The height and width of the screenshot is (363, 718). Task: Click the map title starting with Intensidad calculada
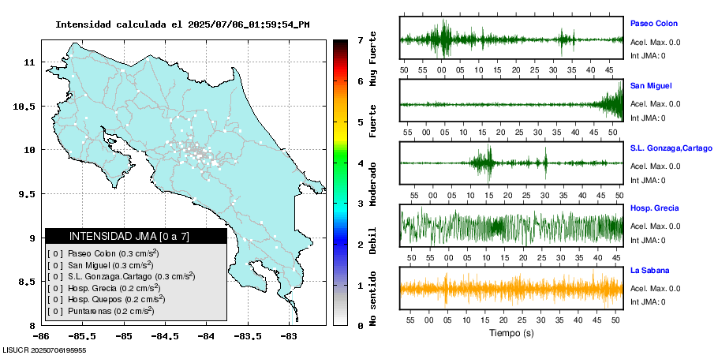click(182, 24)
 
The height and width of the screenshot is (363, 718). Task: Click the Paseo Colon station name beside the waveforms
click(653, 24)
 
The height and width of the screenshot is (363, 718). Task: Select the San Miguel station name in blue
click(651, 85)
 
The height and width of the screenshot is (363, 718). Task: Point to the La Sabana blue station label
click(651, 270)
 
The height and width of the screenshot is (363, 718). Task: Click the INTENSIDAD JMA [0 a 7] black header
click(136, 236)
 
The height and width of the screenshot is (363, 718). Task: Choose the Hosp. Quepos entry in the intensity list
click(106, 299)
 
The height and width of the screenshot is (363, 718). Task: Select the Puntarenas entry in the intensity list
click(100, 311)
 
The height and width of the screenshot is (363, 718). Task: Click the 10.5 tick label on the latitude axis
click(27, 107)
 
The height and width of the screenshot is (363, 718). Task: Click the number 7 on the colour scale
click(359, 39)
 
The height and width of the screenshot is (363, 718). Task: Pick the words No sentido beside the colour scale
click(372, 298)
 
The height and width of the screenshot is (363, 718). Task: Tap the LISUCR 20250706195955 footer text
click(44, 350)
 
